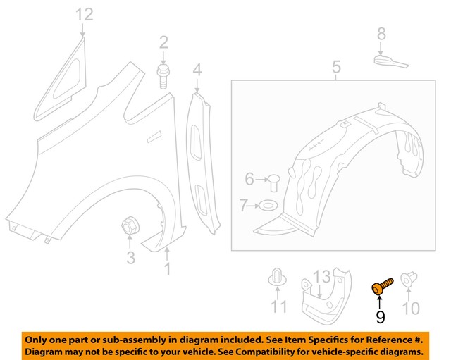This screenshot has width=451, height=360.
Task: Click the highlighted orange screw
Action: tap(382, 287)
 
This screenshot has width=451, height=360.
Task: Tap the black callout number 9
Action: tap(381, 317)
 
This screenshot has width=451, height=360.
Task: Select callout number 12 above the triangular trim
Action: tap(85, 15)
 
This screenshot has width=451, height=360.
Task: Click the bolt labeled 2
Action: tap(163, 77)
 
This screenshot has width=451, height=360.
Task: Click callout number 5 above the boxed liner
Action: tap(336, 67)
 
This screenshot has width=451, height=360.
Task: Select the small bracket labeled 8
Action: tap(390, 62)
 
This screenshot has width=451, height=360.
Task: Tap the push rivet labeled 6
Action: tap(273, 182)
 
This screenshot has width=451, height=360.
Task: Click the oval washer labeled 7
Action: tap(268, 206)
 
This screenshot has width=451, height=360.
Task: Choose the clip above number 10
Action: tap(409, 280)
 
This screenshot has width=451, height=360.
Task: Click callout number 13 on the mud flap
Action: tap(321, 277)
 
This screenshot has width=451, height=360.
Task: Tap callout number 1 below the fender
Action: tap(167, 269)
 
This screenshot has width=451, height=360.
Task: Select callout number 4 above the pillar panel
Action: tap(197, 70)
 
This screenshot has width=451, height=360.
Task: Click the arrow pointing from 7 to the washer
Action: tap(254, 206)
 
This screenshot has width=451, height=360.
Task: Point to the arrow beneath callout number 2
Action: tap(163, 58)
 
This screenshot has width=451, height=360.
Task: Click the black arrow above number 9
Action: tap(380, 302)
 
